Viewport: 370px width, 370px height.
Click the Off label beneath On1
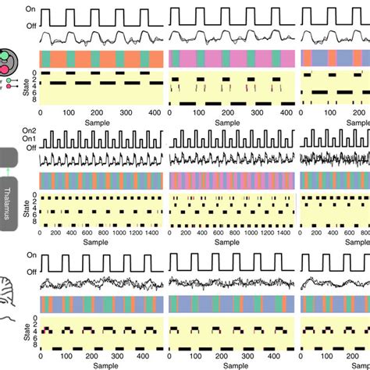click(30, 148)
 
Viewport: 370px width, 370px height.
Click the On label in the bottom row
click(30, 254)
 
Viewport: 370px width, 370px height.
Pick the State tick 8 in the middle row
click(34, 226)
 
